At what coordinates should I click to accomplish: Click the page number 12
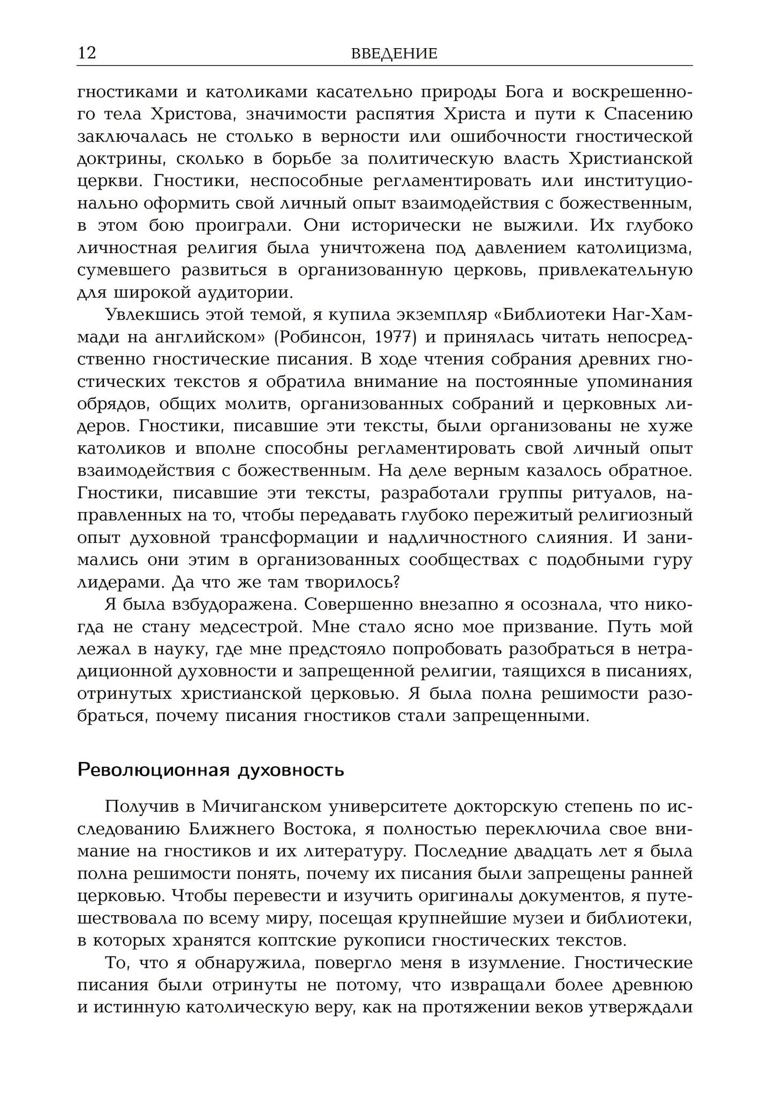[87, 54]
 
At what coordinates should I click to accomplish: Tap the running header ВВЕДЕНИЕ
[394, 54]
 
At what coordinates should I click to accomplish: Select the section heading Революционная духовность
[210, 770]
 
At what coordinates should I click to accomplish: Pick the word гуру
[673, 560]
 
